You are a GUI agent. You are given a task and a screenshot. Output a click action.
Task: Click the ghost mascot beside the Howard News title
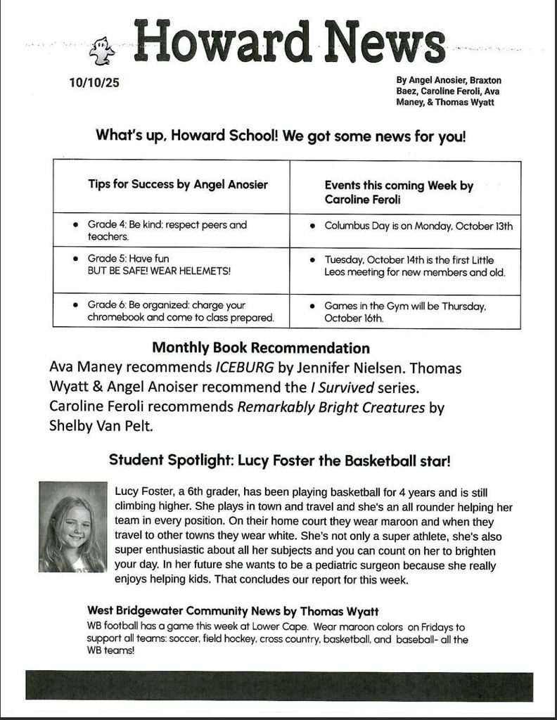(101, 51)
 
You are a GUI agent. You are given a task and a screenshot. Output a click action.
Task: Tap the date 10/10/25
(94, 83)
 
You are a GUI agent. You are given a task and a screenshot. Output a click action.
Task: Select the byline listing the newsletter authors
(449, 91)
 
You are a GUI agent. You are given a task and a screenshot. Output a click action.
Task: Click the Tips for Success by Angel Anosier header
(177, 185)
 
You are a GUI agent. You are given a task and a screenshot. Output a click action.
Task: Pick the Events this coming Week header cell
(399, 192)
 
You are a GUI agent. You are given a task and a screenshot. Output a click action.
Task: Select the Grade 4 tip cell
(171, 231)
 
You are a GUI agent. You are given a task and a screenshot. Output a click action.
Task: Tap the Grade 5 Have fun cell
(171, 264)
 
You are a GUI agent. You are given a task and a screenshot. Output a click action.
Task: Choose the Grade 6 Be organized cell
(171, 311)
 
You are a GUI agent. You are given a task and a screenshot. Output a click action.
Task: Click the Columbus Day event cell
(418, 226)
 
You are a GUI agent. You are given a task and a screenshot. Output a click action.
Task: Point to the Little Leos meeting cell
(414, 266)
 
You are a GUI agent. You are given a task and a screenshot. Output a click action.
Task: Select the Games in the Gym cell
(405, 311)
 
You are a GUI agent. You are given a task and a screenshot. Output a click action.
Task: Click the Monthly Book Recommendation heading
(261, 348)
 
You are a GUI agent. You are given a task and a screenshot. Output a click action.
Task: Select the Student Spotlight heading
(279, 461)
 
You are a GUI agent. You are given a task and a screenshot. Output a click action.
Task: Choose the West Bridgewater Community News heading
(233, 610)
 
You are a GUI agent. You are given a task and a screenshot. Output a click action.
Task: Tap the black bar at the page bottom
(279, 686)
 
